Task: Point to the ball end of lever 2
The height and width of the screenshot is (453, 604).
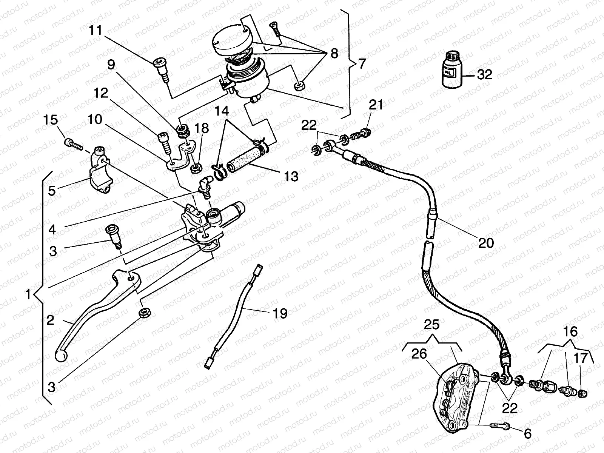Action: point(61,355)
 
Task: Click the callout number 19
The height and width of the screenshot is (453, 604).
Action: point(280,313)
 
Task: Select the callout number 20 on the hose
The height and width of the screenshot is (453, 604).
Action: point(486,243)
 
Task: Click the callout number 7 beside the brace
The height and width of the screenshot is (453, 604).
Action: point(362,64)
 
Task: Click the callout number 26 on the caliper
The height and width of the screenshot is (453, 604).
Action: point(419,354)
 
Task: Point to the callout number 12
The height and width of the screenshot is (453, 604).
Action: point(102,93)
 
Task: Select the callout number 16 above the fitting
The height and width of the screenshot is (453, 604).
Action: point(571,332)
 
